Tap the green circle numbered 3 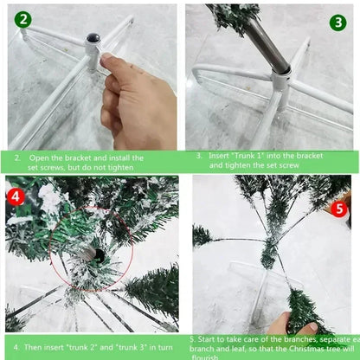[x=338, y=22]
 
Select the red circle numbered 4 [x=16, y=196]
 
